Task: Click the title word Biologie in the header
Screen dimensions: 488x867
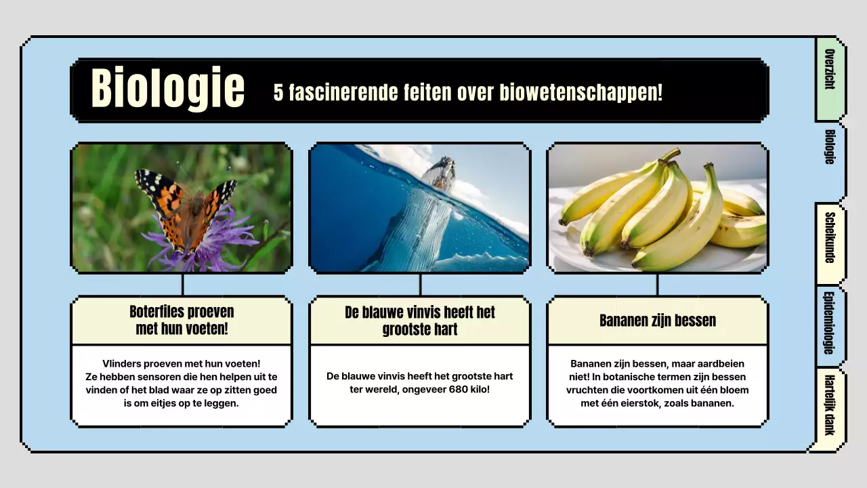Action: click(x=167, y=89)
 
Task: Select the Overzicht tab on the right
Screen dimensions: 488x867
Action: click(x=829, y=70)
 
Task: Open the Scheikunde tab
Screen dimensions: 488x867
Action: click(x=829, y=237)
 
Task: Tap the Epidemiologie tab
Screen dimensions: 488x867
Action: click(x=829, y=323)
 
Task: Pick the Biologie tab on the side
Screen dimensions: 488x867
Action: click(x=829, y=147)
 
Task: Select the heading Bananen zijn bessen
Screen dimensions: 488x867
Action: click(x=657, y=321)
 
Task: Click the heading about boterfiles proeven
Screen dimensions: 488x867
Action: click(x=182, y=321)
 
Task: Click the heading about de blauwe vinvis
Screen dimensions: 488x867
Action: click(x=420, y=321)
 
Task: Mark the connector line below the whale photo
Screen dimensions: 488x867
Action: click(x=420, y=285)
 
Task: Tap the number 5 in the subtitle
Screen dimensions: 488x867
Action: click(x=278, y=93)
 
